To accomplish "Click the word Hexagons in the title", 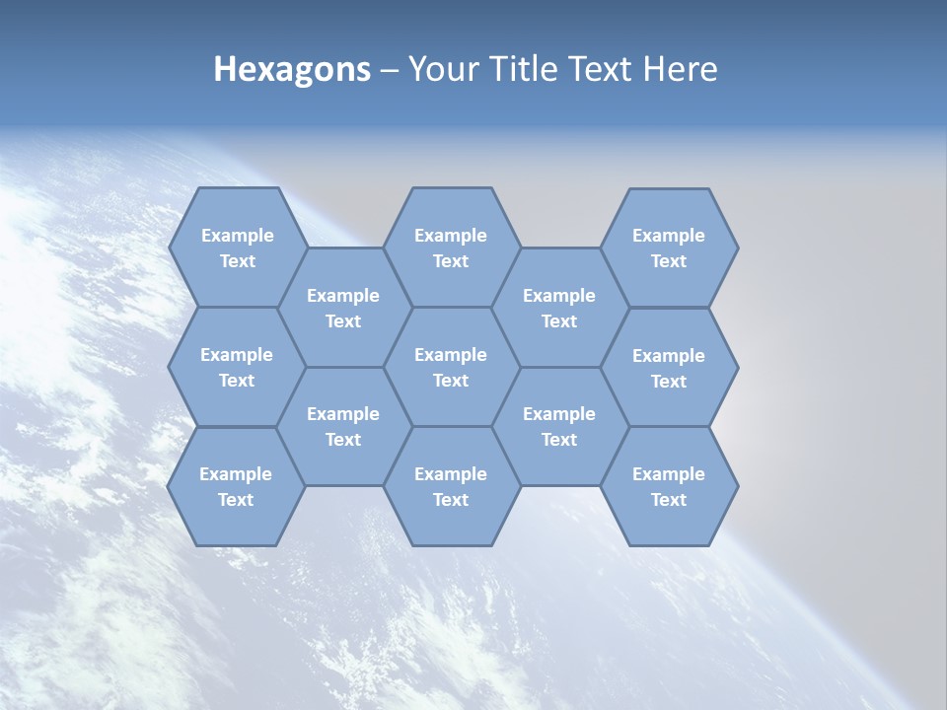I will [x=292, y=69].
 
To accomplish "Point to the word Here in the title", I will [x=681, y=69].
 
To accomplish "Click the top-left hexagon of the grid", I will [x=237, y=248].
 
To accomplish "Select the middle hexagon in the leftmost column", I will [x=237, y=367].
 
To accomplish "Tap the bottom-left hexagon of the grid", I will [x=236, y=486].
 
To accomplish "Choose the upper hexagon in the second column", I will [x=343, y=308].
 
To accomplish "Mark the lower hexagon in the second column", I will [x=343, y=426].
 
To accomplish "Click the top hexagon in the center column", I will [x=451, y=248].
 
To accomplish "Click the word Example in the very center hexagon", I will [x=451, y=355].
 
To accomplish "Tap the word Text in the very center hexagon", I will [x=451, y=381].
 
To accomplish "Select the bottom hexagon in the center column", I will [x=451, y=486].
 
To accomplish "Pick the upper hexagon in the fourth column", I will [x=559, y=308].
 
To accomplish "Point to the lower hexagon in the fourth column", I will [x=559, y=426].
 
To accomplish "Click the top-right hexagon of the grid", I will [x=669, y=248].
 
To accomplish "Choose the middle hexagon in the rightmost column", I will [x=669, y=368].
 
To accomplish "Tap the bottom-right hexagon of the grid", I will [x=669, y=486].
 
